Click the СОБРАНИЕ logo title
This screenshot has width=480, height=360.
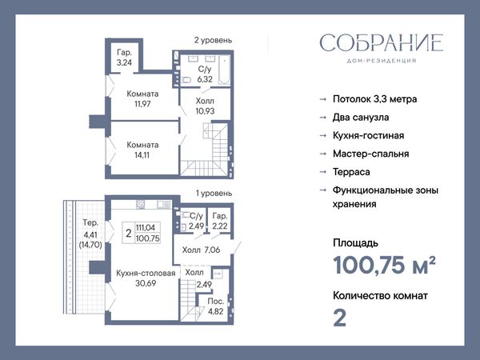pyautogui.click(x=382, y=42)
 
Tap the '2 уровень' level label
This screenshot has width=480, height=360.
pyautogui.click(x=213, y=40)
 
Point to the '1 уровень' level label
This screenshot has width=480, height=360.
pyautogui.click(x=214, y=193)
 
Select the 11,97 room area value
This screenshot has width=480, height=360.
pyautogui.click(x=142, y=104)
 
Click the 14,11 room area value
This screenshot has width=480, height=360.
pyautogui.click(x=142, y=155)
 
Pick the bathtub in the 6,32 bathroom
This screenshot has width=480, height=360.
pyautogui.click(x=224, y=70)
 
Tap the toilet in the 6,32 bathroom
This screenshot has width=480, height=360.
pyautogui.click(x=186, y=80)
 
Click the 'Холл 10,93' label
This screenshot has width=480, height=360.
pyautogui.click(x=205, y=106)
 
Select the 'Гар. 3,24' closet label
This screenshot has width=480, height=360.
pyautogui.click(x=124, y=58)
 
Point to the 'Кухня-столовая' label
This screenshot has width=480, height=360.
pyautogui.click(x=146, y=273)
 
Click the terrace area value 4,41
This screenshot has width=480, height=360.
pyautogui.click(x=90, y=234)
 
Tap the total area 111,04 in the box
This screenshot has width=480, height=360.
pyautogui.click(x=146, y=227)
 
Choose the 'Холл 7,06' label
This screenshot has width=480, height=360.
pyautogui.click(x=201, y=250)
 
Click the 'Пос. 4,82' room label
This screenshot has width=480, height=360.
pyautogui.click(x=215, y=306)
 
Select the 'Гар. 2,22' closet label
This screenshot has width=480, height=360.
pyautogui.click(x=220, y=221)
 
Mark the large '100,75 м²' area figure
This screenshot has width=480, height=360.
pyautogui.click(x=384, y=265)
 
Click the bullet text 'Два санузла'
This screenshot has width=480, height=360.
pyautogui.click(x=361, y=118)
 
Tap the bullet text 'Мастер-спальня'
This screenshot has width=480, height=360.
pyautogui.click(x=370, y=154)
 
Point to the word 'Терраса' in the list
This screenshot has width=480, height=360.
pyautogui.click(x=351, y=172)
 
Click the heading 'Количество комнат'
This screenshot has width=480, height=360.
pyautogui.click(x=380, y=296)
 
